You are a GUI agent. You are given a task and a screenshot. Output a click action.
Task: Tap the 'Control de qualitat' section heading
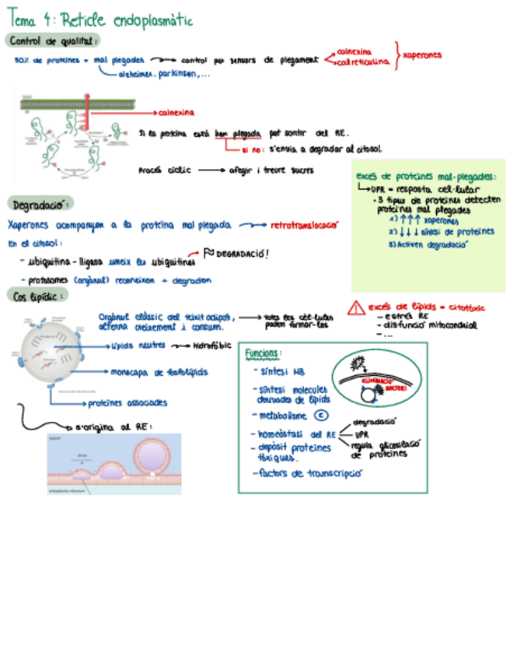coord(52,40)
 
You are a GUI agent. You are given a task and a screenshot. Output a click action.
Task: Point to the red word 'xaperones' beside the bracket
coord(423,55)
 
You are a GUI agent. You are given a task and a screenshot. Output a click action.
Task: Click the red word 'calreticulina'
coord(362,63)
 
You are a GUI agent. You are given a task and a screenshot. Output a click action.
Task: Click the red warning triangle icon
coord(356,307)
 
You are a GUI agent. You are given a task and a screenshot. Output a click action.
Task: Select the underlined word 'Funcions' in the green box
coord(263,354)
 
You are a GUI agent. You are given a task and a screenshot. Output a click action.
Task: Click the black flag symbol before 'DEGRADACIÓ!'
coord(208,252)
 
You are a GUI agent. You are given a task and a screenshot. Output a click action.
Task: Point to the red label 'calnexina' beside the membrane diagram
coord(176,112)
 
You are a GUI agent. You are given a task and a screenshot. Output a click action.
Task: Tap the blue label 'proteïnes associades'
coord(127,402)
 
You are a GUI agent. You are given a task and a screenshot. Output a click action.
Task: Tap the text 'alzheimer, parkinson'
coord(165,75)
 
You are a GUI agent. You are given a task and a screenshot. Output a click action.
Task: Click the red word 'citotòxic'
coord(466,307)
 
